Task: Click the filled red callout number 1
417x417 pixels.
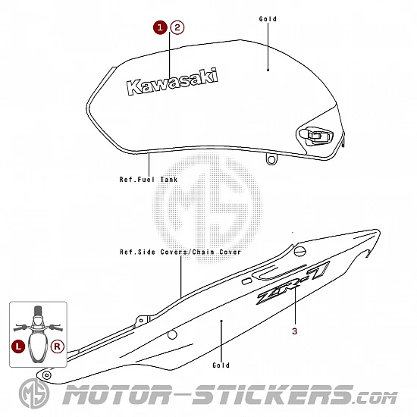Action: [x=160, y=27]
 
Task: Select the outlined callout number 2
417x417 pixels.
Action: [x=177, y=27]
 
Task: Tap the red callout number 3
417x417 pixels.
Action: [x=294, y=331]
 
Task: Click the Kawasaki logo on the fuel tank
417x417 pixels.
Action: [x=172, y=82]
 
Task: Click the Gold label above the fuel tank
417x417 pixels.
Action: [x=268, y=19]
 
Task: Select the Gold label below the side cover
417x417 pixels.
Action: [x=221, y=365]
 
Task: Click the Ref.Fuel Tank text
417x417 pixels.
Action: [x=149, y=180]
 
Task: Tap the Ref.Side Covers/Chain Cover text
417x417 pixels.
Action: [x=180, y=252]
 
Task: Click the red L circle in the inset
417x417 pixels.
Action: [x=18, y=346]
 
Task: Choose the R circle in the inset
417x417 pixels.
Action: [x=58, y=346]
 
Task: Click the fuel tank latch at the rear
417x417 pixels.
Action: [x=315, y=136]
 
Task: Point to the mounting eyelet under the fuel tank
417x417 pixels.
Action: [x=271, y=160]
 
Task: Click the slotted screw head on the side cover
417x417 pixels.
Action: [x=300, y=251]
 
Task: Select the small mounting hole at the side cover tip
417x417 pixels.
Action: [x=47, y=375]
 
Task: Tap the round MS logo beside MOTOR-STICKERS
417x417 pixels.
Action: [x=34, y=393]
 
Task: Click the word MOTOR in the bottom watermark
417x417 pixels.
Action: [x=117, y=394]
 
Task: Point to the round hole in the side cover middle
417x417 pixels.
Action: [x=172, y=335]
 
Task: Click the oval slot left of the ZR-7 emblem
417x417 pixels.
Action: [x=247, y=281]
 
